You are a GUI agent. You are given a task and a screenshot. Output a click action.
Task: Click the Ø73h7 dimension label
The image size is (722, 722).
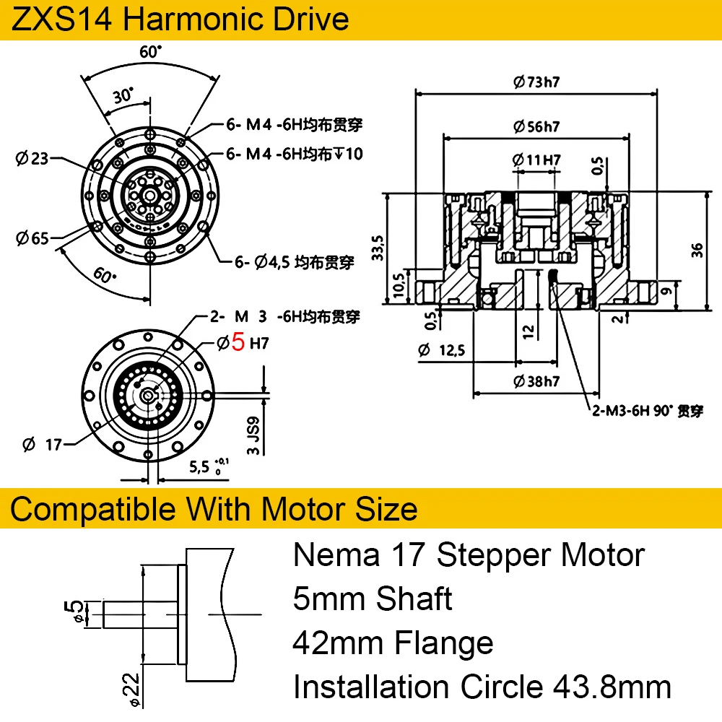(537, 82)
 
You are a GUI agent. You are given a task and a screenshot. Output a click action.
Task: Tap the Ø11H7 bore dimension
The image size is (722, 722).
(536, 160)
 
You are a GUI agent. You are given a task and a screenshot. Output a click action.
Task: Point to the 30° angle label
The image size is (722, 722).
(123, 95)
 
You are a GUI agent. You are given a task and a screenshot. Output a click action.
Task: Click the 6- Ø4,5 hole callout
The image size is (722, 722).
(295, 263)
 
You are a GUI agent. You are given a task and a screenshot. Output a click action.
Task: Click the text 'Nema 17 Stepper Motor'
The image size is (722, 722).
(469, 555)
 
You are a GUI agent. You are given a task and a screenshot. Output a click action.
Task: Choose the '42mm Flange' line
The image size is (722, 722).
(393, 643)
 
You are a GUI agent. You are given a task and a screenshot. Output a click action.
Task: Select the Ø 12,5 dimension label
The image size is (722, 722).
(442, 351)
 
